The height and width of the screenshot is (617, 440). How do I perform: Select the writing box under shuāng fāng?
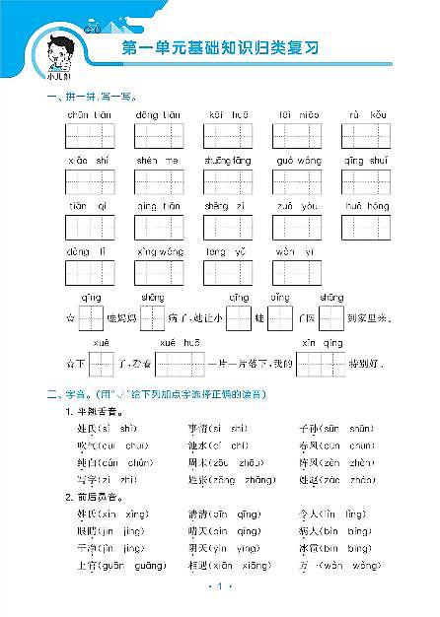coord(228,181)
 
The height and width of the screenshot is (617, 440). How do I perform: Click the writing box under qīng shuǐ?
coord(367,181)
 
